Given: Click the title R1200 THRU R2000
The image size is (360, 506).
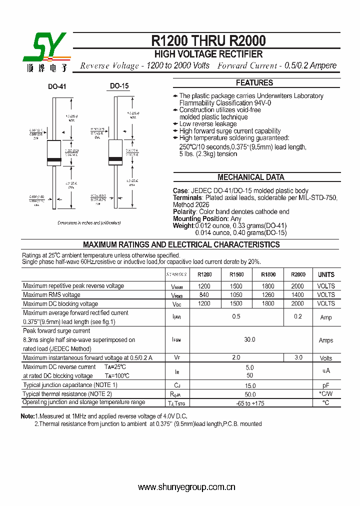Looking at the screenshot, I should click(x=208, y=40).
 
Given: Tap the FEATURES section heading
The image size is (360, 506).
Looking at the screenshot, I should click(x=254, y=83).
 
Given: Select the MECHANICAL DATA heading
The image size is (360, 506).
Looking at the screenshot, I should click(x=250, y=177).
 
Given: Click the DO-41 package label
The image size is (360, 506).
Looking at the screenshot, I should click(x=57, y=86).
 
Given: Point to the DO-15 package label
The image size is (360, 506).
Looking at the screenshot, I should click(x=119, y=86).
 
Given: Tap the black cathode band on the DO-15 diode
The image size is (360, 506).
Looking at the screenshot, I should click(x=115, y=160).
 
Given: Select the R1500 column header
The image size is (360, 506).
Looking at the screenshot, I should click(x=236, y=274).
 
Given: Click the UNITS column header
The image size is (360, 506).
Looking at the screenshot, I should click(x=326, y=274).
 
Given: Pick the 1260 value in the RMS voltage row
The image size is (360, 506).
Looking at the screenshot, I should click(x=268, y=295).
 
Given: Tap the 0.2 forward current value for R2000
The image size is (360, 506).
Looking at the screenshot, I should click(x=298, y=316).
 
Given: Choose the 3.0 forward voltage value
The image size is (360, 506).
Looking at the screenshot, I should click(x=298, y=357).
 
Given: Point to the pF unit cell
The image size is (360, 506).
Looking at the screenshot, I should click(x=326, y=385).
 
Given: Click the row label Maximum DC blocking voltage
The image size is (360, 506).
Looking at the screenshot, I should click(x=60, y=304).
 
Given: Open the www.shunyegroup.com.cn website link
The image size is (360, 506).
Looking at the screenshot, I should click(x=186, y=487).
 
